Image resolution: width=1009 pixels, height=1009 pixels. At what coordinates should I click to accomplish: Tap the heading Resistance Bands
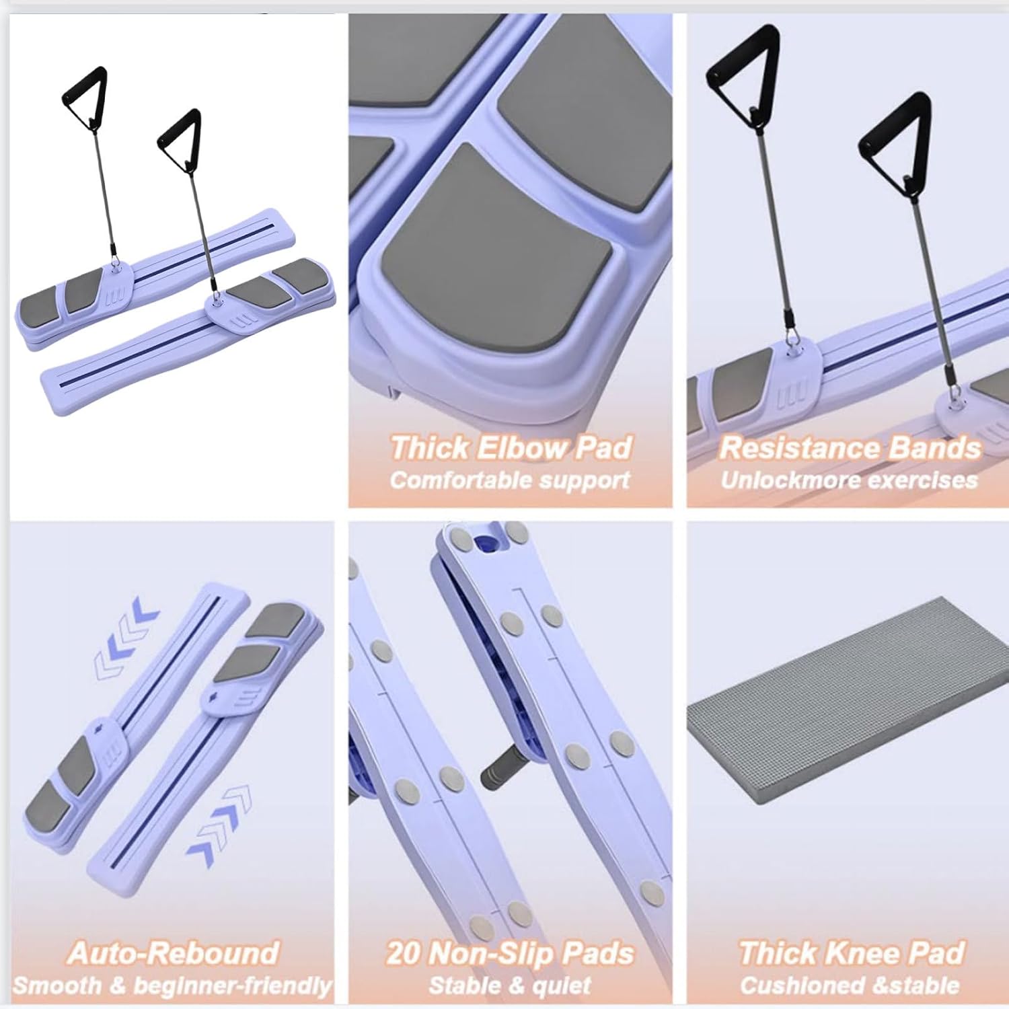click(850, 448)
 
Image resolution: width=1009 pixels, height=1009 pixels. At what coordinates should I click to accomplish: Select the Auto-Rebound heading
click(173, 953)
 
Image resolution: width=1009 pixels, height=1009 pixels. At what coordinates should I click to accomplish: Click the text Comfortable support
click(510, 480)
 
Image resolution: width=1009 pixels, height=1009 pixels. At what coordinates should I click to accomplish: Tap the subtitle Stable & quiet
click(510, 985)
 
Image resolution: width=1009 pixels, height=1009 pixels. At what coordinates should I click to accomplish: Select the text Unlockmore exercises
click(849, 480)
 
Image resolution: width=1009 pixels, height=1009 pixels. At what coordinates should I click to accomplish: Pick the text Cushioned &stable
click(850, 985)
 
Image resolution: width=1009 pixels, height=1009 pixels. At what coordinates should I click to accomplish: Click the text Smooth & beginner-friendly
click(172, 986)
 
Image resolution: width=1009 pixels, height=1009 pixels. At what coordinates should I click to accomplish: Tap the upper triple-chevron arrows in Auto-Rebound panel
click(126, 634)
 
